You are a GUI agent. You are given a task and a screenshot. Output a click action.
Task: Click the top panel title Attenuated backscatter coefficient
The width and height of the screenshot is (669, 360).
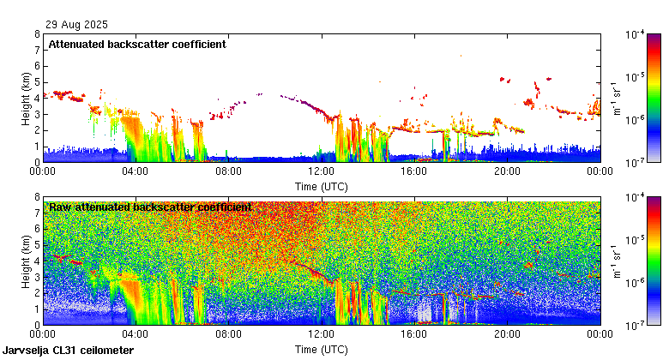(x=137, y=44)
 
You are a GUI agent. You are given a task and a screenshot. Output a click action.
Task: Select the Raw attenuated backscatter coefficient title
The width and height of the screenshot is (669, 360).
(x=150, y=207)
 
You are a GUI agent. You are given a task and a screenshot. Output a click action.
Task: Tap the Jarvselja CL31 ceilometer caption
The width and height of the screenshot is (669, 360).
(x=69, y=351)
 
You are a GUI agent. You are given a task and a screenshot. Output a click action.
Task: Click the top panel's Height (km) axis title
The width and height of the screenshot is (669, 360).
(x=25, y=98)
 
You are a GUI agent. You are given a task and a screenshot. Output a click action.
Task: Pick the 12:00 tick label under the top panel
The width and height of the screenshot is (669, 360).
(x=322, y=171)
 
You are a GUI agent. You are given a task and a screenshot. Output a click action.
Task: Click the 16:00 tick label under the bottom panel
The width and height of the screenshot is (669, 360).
(x=414, y=334)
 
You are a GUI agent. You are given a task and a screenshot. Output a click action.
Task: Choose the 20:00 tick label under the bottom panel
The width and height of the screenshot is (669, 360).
(x=507, y=334)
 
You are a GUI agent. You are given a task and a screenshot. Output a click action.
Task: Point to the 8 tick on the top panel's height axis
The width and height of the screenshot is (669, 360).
(x=37, y=34)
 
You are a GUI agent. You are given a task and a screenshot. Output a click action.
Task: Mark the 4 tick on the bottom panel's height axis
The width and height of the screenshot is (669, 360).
(x=37, y=261)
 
